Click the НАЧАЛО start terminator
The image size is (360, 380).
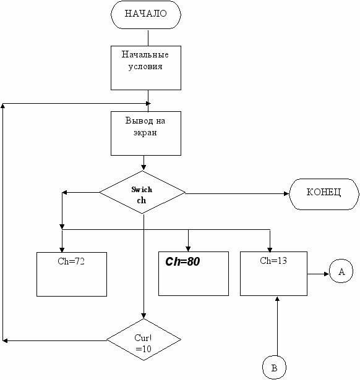click(146, 15)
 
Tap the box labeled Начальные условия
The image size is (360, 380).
click(146, 68)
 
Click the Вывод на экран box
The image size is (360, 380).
click(146, 133)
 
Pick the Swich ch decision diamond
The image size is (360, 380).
click(142, 192)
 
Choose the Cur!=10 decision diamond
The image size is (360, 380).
click(144, 339)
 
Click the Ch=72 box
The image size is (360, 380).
click(72, 274)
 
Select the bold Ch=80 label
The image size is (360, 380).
click(182, 261)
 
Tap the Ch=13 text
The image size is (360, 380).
click(273, 261)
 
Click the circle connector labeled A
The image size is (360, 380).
click(341, 271)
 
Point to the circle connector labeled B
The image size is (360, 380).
click(274, 368)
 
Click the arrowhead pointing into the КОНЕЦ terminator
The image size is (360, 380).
click(286, 193)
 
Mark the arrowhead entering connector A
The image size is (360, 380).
click(327, 274)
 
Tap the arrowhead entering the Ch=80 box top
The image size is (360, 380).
click(188, 249)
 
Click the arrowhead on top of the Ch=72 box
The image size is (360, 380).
click(62, 250)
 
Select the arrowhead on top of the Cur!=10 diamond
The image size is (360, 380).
click(144, 316)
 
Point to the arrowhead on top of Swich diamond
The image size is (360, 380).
click(144, 167)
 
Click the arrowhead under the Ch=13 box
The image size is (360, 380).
click(277, 299)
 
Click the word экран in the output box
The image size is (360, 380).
click(145, 133)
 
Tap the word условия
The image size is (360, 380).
click(145, 67)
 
